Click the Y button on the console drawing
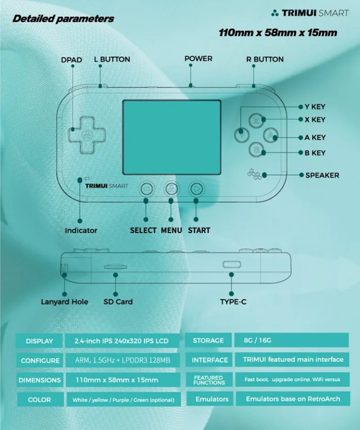click(x=243, y=133)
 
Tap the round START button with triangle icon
click(x=196, y=189)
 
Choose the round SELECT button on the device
click(x=146, y=189)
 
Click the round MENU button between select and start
click(x=171, y=189)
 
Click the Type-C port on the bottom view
click(x=232, y=264)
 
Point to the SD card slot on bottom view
click(x=115, y=266)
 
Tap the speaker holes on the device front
click(x=253, y=174)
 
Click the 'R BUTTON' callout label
click(x=265, y=59)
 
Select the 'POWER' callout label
click(x=198, y=59)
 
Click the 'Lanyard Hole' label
click(x=65, y=301)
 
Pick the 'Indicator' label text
click(x=81, y=230)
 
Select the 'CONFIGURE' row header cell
click(x=40, y=360)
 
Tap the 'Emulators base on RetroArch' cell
click(x=292, y=399)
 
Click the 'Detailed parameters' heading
click(x=63, y=19)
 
